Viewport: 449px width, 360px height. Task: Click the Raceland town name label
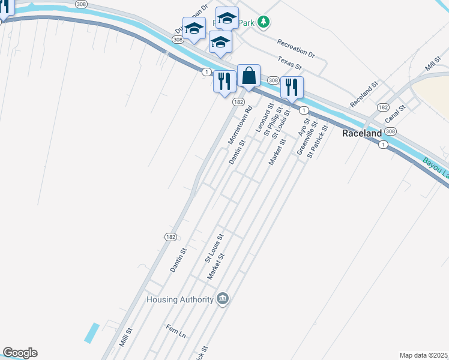[362, 133]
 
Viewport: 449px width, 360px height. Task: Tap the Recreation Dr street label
[295, 48]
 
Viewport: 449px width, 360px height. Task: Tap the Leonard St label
[264, 117]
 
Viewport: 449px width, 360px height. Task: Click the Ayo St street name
[303, 127]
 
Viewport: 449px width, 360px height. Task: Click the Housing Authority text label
[180, 299]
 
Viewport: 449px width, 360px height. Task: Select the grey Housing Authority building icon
[223, 298]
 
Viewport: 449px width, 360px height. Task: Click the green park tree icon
[264, 22]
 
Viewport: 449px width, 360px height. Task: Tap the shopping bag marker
[249, 76]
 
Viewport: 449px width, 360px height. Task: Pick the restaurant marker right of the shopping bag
[292, 87]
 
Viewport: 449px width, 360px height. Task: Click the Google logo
[20, 353]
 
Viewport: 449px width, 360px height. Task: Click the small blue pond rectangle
[92, 332]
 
